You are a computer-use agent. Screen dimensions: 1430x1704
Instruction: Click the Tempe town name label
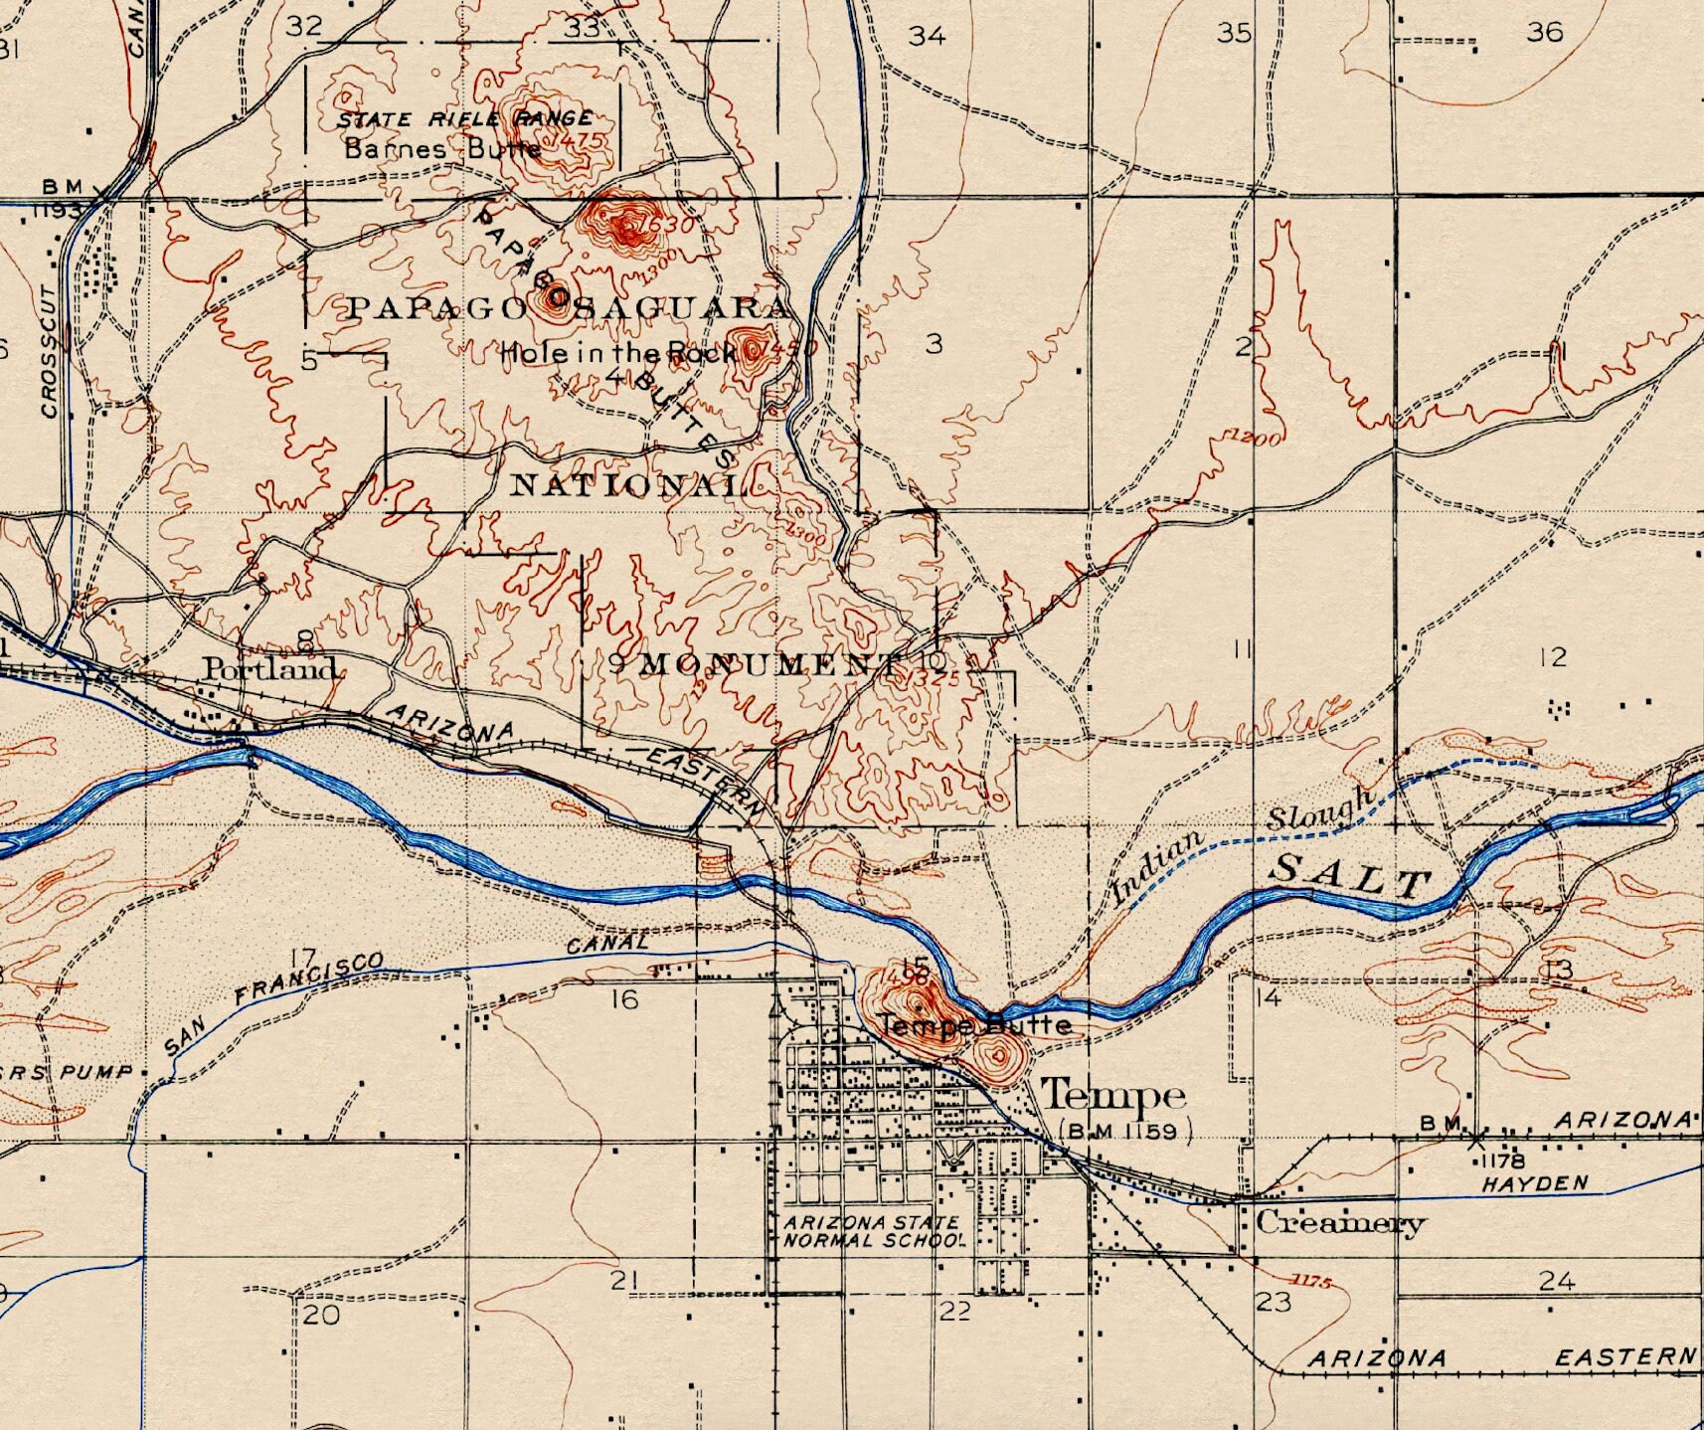[1112, 1095]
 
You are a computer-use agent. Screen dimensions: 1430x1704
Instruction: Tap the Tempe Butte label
[975, 1025]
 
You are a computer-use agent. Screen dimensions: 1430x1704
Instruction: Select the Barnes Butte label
[442, 150]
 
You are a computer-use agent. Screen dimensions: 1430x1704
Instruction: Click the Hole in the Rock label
[617, 352]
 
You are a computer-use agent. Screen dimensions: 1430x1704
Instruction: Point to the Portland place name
[270, 668]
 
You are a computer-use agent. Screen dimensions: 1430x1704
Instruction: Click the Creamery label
[1340, 1222]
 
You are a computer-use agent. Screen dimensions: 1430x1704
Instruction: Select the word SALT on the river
[1352, 877]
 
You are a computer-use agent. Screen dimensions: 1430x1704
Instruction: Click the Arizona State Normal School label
[873, 1231]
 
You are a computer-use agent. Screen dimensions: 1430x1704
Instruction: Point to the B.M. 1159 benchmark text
[1125, 1131]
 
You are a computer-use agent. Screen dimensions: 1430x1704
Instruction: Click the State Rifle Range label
[464, 119]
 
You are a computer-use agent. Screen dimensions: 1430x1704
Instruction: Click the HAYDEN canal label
[1534, 1184]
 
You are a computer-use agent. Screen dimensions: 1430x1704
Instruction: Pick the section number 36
[1545, 33]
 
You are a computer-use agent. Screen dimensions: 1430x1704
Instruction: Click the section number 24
[1557, 1281]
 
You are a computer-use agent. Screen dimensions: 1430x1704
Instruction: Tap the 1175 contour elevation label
[1312, 1281]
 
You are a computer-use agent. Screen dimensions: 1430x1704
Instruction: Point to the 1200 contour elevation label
[1254, 438]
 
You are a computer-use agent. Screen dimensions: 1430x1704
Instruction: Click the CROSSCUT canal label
[50, 353]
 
